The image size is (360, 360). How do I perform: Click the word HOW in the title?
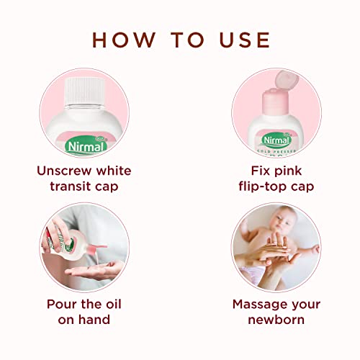[x=124, y=40]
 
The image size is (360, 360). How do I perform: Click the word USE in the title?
[x=245, y=40]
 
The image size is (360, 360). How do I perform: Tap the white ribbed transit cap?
[x=85, y=91]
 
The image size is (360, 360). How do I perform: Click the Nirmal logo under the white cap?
[x=86, y=145]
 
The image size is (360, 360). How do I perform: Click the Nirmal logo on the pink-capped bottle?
[x=276, y=140]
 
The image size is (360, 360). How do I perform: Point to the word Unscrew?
[x=64, y=171]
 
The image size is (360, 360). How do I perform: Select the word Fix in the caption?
[x=260, y=171]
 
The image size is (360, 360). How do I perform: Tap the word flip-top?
[x=263, y=186]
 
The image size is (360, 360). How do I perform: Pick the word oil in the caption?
[x=114, y=304]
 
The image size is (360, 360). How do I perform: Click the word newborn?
[x=276, y=320]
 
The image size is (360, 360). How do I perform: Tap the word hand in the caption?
[x=94, y=320]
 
